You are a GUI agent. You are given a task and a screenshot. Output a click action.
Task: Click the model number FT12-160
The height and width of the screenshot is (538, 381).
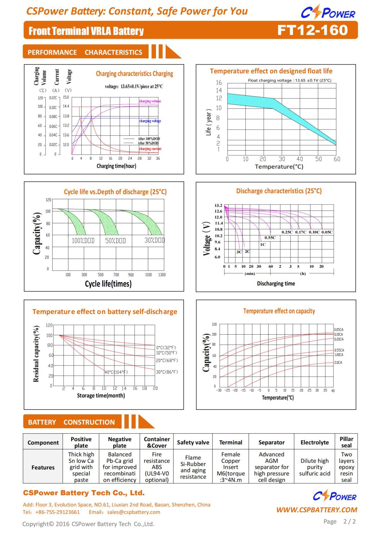pos(312,30)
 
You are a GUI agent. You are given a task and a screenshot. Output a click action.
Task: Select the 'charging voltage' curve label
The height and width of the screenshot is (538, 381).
pos(150,121)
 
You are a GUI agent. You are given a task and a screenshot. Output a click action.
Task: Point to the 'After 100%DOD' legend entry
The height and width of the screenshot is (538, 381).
pos(149,139)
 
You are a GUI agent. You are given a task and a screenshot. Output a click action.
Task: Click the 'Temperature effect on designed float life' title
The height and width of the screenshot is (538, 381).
pos(271,71)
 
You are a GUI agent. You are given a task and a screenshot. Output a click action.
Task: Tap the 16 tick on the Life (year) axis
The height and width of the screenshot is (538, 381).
pos(219,82)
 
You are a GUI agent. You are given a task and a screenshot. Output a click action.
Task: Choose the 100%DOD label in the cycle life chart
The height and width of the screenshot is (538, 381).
pos(83,241)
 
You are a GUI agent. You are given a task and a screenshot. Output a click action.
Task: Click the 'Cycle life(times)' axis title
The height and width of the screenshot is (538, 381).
pos(108,284)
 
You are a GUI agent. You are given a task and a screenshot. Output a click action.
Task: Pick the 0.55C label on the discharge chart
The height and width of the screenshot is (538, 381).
pos(270,238)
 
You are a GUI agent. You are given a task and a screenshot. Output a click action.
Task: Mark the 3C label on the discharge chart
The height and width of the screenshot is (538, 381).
pos(239,252)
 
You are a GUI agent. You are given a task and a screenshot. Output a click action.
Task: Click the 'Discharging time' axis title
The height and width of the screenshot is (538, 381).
pos(276,284)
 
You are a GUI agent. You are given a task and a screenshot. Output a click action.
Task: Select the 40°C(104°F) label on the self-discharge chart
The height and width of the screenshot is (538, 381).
pos(116,372)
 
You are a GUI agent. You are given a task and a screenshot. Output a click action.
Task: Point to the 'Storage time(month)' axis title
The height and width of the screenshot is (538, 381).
pos(101,396)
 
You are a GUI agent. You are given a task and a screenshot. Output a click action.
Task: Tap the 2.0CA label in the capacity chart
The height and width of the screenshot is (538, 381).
pos(338,363)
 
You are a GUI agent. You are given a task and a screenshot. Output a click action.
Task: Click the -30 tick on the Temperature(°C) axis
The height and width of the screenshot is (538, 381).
pos(219,390)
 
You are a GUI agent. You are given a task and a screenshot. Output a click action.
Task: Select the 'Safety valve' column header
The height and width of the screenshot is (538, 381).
pos(193,443)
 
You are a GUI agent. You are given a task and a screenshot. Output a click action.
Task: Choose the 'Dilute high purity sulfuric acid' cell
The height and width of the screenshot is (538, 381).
pos(315,467)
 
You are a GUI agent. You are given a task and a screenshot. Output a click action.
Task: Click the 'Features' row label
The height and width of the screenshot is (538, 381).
pos(43,467)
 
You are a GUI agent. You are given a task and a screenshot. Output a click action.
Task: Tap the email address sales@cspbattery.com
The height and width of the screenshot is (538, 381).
pos(134,512)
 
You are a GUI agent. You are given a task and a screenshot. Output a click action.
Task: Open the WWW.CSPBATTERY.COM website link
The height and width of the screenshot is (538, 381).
pos(317,510)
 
